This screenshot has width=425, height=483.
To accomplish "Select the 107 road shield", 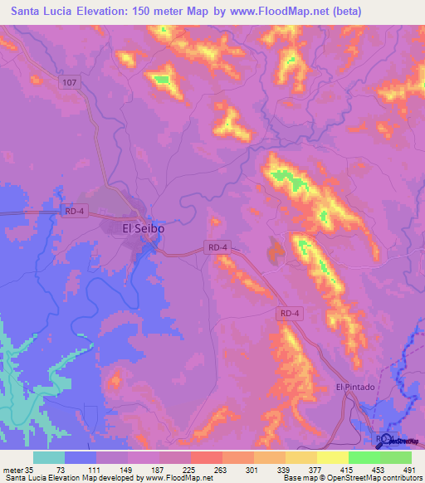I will point(69,82).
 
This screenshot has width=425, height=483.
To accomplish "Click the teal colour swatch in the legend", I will point(49,457).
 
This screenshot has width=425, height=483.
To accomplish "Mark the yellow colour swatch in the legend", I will point(332,457).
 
